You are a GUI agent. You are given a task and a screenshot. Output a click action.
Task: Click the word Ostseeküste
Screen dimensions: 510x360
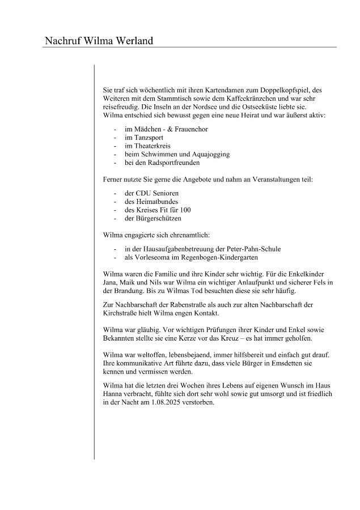274,107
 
